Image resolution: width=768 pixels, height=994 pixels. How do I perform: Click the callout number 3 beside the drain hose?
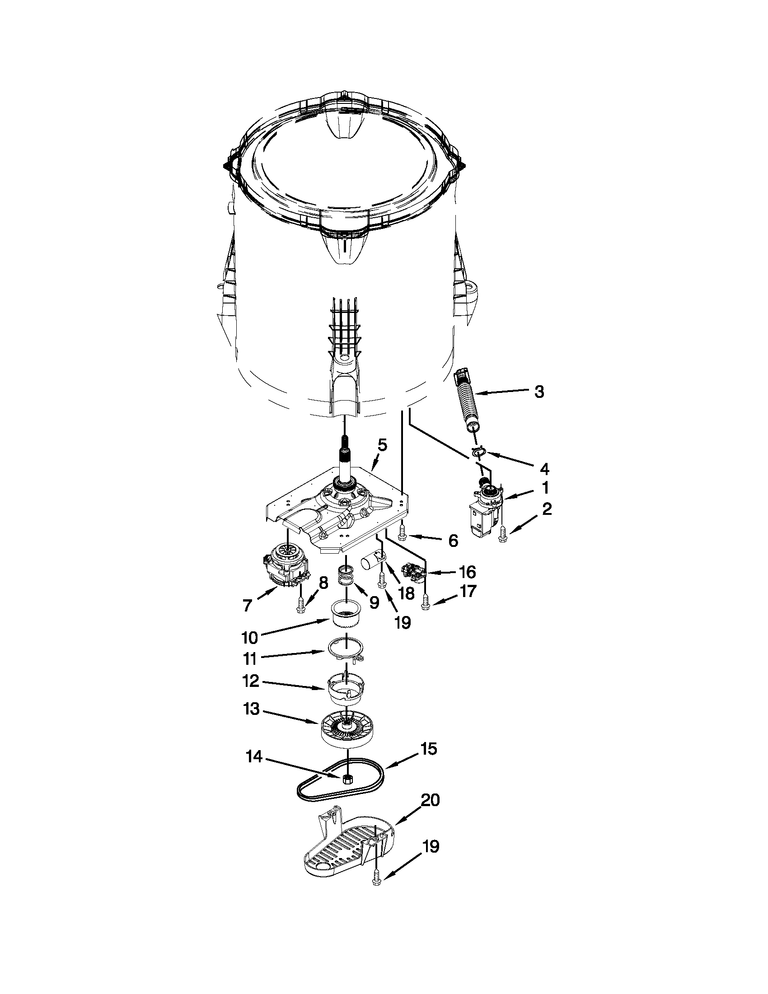[x=539, y=391]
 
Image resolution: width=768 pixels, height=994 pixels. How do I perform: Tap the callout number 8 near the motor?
[x=323, y=583]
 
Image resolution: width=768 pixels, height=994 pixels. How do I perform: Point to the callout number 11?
[x=250, y=658]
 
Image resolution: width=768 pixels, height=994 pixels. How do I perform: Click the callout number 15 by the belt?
[x=428, y=749]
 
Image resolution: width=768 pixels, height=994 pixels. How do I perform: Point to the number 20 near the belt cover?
[x=430, y=800]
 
